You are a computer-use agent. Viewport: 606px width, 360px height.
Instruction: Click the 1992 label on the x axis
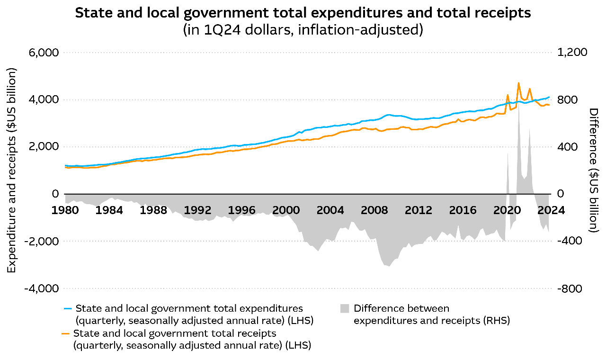197,210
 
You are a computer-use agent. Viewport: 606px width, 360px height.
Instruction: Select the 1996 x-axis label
241,210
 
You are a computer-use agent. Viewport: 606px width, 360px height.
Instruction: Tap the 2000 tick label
286,210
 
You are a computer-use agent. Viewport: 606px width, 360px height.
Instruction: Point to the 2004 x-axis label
330,210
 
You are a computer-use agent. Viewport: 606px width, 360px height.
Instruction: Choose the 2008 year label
374,210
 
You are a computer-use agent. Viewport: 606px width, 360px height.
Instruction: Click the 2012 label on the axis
419,210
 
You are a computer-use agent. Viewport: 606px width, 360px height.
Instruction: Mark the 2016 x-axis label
463,210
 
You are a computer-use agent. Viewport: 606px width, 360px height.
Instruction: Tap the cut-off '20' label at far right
544,210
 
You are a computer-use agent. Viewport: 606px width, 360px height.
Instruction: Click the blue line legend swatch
68,309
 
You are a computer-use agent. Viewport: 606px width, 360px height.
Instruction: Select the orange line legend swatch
65,334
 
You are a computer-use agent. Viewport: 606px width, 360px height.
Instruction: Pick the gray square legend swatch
345,309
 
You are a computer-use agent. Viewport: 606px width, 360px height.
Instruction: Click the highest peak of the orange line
518,83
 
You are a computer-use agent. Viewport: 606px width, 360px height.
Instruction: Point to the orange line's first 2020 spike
508,95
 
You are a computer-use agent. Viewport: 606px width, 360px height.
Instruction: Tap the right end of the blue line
549,97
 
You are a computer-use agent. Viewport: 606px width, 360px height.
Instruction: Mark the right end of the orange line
549,105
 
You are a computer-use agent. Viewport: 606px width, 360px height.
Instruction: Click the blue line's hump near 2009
388,115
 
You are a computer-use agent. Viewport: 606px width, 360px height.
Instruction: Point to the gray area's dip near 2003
318,251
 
